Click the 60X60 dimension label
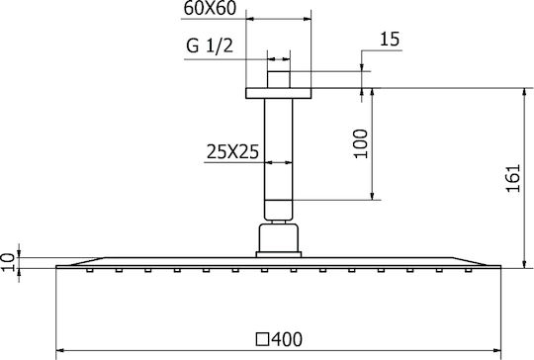point(210,8)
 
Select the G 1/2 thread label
point(210,45)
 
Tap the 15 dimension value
point(390,39)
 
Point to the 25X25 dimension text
point(232,151)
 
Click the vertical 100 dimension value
point(361,143)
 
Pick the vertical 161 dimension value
point(513,178)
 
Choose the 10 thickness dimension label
point(8,261)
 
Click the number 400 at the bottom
point(287,339)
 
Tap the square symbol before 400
point(263,339)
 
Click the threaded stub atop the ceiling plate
point(279,80)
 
